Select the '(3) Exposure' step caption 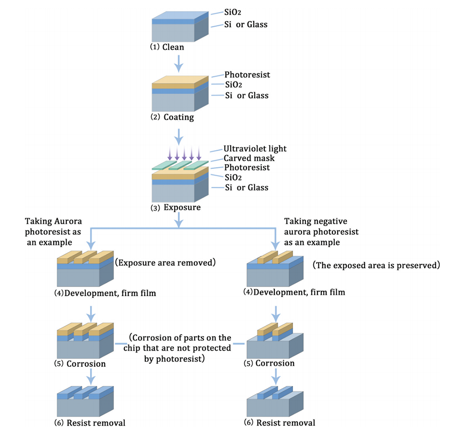176,208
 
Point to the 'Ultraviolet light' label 255,149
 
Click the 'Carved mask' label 249,158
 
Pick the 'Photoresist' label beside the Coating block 247,75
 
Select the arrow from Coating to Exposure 178,135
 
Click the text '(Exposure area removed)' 164,263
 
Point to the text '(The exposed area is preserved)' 376,265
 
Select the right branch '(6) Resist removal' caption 280,423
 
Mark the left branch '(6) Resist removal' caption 91,423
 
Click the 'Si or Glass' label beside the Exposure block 247,187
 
